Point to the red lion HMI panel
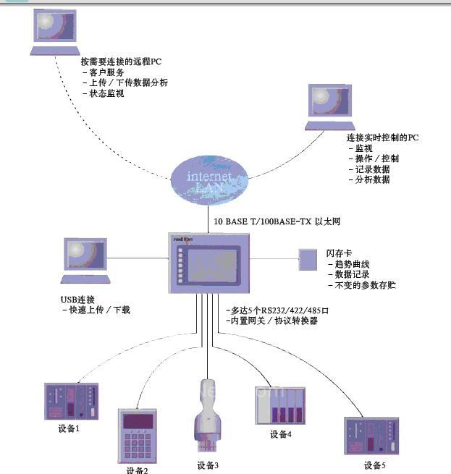click(211, 261)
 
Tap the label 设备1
click(69, 428)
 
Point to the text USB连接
click(78, 300)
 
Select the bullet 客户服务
click(106, 73)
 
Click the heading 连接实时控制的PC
click(382, 137)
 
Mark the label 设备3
click(208, 465)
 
